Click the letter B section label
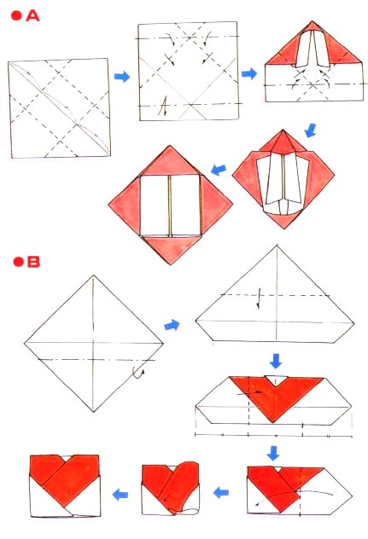33,261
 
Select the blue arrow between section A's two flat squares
122,78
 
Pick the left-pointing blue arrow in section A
219,169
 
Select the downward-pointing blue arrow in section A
311,130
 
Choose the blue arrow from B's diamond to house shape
172,325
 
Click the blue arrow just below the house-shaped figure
274,358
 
